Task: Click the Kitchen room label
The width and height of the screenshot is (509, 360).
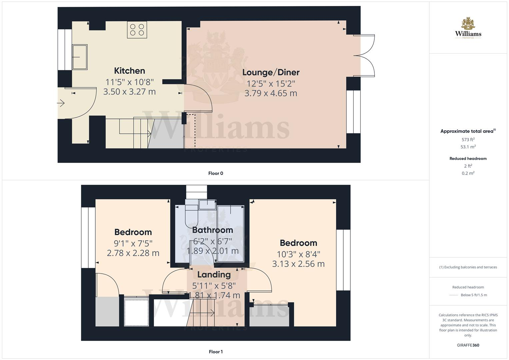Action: pos(129,71)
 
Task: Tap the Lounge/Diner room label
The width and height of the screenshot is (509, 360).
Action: pos(271,72)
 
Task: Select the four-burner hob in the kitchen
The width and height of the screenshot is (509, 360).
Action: pos(137,29)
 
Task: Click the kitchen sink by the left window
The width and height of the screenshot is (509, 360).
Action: pos(80,57)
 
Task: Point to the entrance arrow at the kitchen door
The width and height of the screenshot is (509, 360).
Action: pos(61,104)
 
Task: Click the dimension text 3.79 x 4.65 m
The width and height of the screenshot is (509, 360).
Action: pos(271,93)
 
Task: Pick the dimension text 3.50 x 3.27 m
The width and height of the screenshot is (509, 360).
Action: pos(129,92)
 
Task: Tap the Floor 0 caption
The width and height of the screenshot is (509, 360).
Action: pos(216,173)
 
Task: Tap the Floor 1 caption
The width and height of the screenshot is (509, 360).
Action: pos(216,352)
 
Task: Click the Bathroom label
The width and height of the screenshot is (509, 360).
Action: pos(212,230)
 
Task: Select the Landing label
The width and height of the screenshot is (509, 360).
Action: pos(214,275)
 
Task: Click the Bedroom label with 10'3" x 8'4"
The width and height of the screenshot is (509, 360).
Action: pos(298,243)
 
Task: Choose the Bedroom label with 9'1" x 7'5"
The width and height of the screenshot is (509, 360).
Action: pos(133,232)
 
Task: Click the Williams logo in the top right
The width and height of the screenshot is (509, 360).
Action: pos(468,28)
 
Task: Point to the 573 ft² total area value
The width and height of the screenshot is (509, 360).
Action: pos(468,140)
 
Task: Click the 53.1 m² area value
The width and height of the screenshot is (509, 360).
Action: pos(468,147)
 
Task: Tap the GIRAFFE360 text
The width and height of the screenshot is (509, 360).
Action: pos(468,345)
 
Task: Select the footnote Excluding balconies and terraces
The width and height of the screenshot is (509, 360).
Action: pos(468,267)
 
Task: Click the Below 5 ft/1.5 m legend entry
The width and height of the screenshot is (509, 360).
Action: pos(473,295)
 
